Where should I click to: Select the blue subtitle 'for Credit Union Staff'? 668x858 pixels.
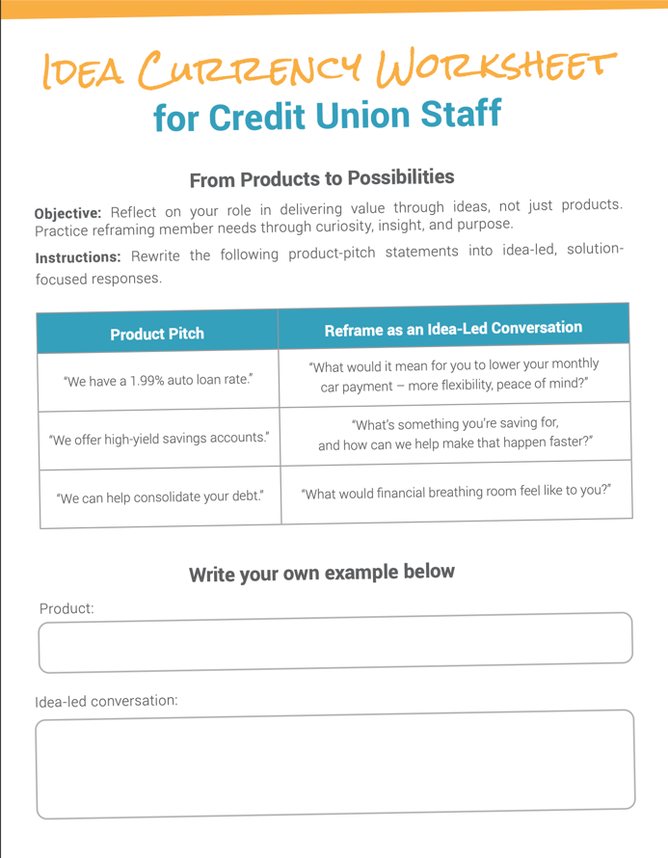point(328,117)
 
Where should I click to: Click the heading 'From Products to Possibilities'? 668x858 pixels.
point(322,179)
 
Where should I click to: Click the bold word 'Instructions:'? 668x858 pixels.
point(78,257)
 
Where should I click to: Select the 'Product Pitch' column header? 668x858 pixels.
point(157,334)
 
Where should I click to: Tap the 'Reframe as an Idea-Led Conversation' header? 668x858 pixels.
point(453,329)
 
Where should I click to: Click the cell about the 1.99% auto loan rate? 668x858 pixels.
point(159,380)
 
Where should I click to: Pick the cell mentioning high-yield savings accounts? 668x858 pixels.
point(159,440)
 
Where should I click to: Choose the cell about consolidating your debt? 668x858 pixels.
point(160,498)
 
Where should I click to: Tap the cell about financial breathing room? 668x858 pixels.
point(456,493)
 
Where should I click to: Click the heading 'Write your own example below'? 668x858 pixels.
point(321,574)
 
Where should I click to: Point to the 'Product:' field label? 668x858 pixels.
point(67,609)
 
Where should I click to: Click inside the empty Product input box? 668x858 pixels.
point(334,642)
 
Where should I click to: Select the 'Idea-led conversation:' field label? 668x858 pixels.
point(106,701)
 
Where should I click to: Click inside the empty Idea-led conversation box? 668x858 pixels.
point(334,764)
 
